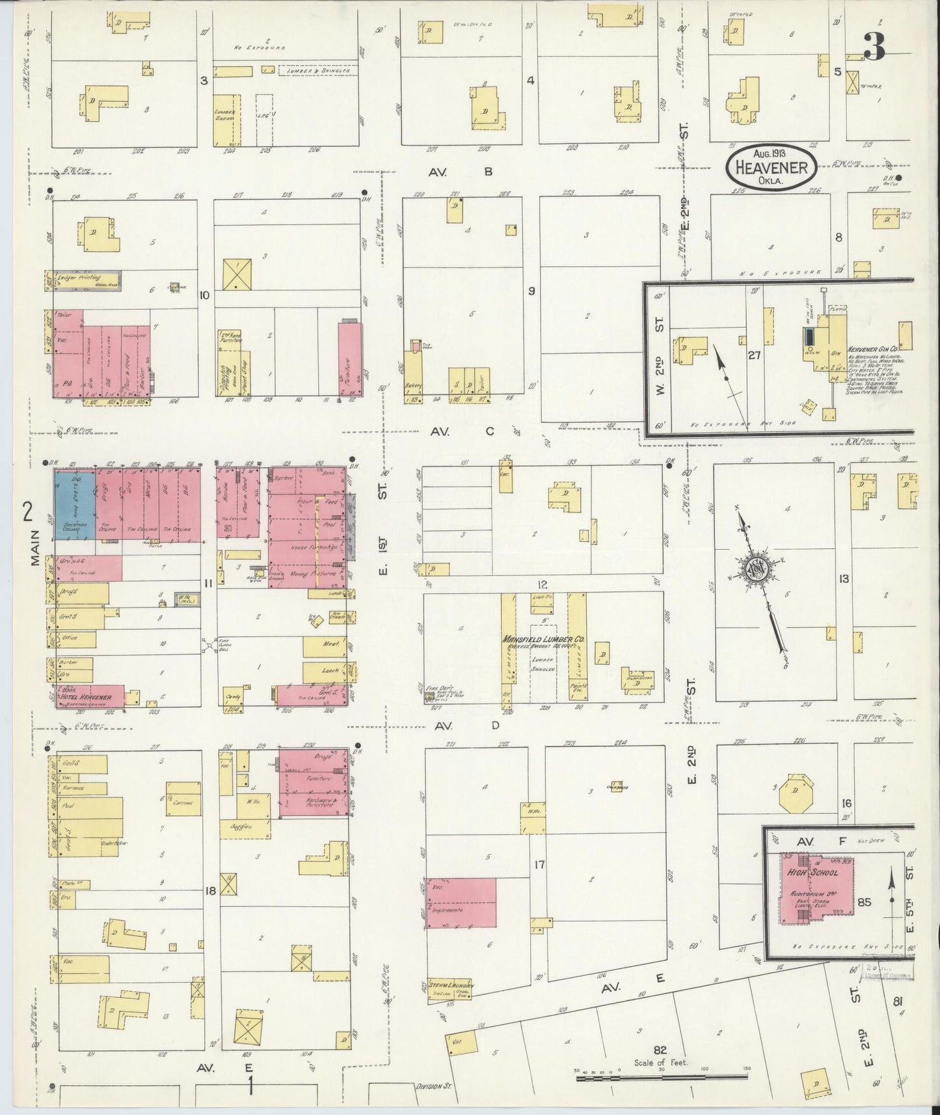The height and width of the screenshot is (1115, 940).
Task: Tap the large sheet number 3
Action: coord(874,46)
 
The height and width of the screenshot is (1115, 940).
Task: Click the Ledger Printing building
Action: coord(82,281)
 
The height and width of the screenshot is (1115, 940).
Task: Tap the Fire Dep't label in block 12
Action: coord(433,690)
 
